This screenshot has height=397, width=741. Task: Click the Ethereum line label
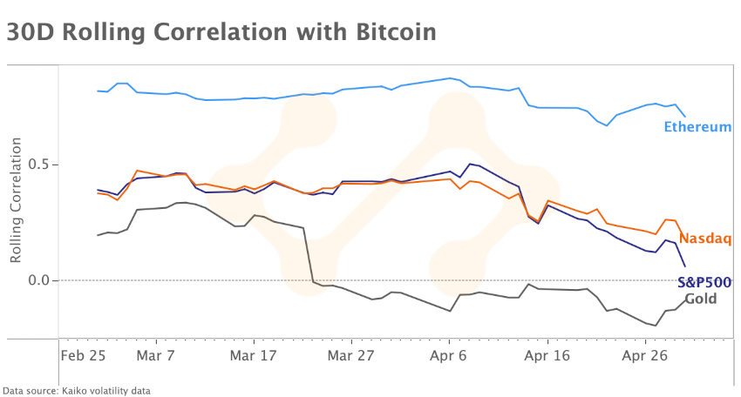697,127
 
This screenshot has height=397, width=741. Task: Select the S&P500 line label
704,282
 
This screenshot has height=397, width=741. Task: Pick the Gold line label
701,299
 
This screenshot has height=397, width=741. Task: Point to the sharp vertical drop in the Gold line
308,254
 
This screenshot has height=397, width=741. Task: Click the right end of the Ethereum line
685,117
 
